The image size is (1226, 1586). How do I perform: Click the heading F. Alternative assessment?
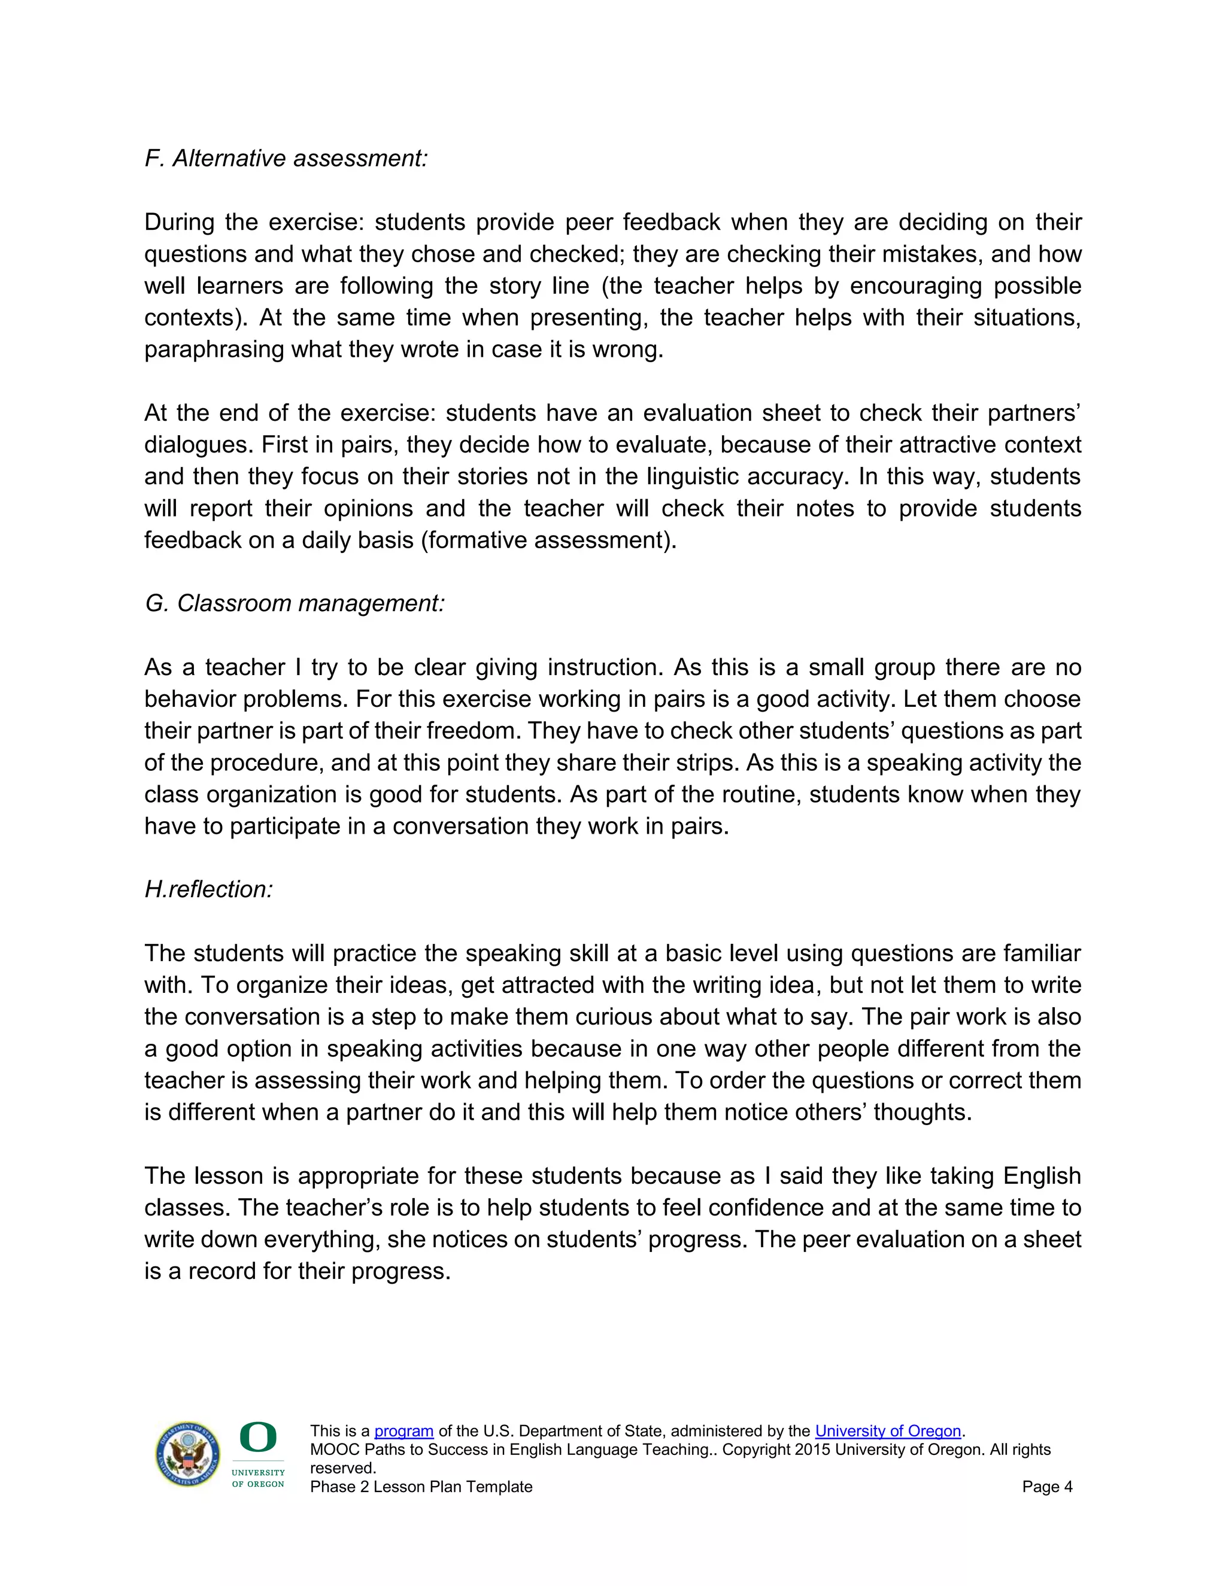point(286,159)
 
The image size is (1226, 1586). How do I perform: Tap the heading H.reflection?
point(208,889)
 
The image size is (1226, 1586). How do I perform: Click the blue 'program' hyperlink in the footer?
point(404,1432)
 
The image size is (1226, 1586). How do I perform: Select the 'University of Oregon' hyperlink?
point(888,1432)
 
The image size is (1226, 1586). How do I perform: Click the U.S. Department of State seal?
point(187,1454)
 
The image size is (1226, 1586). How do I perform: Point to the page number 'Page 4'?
point(1046,1487)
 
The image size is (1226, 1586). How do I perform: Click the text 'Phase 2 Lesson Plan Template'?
point(421,1487)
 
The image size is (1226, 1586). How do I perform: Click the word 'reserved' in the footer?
point(341,1468)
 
